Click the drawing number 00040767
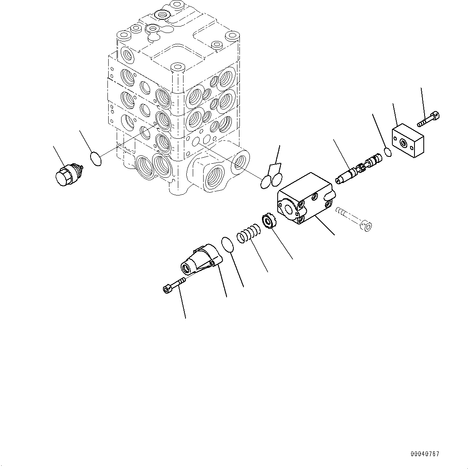click(425, 454)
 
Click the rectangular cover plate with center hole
click(408, 142)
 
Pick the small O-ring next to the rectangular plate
click(388, 152)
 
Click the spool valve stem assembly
click(357, 169)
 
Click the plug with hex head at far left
click(66, 175)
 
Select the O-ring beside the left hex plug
click(95, 158)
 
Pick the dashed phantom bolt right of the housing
click(354, 219)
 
